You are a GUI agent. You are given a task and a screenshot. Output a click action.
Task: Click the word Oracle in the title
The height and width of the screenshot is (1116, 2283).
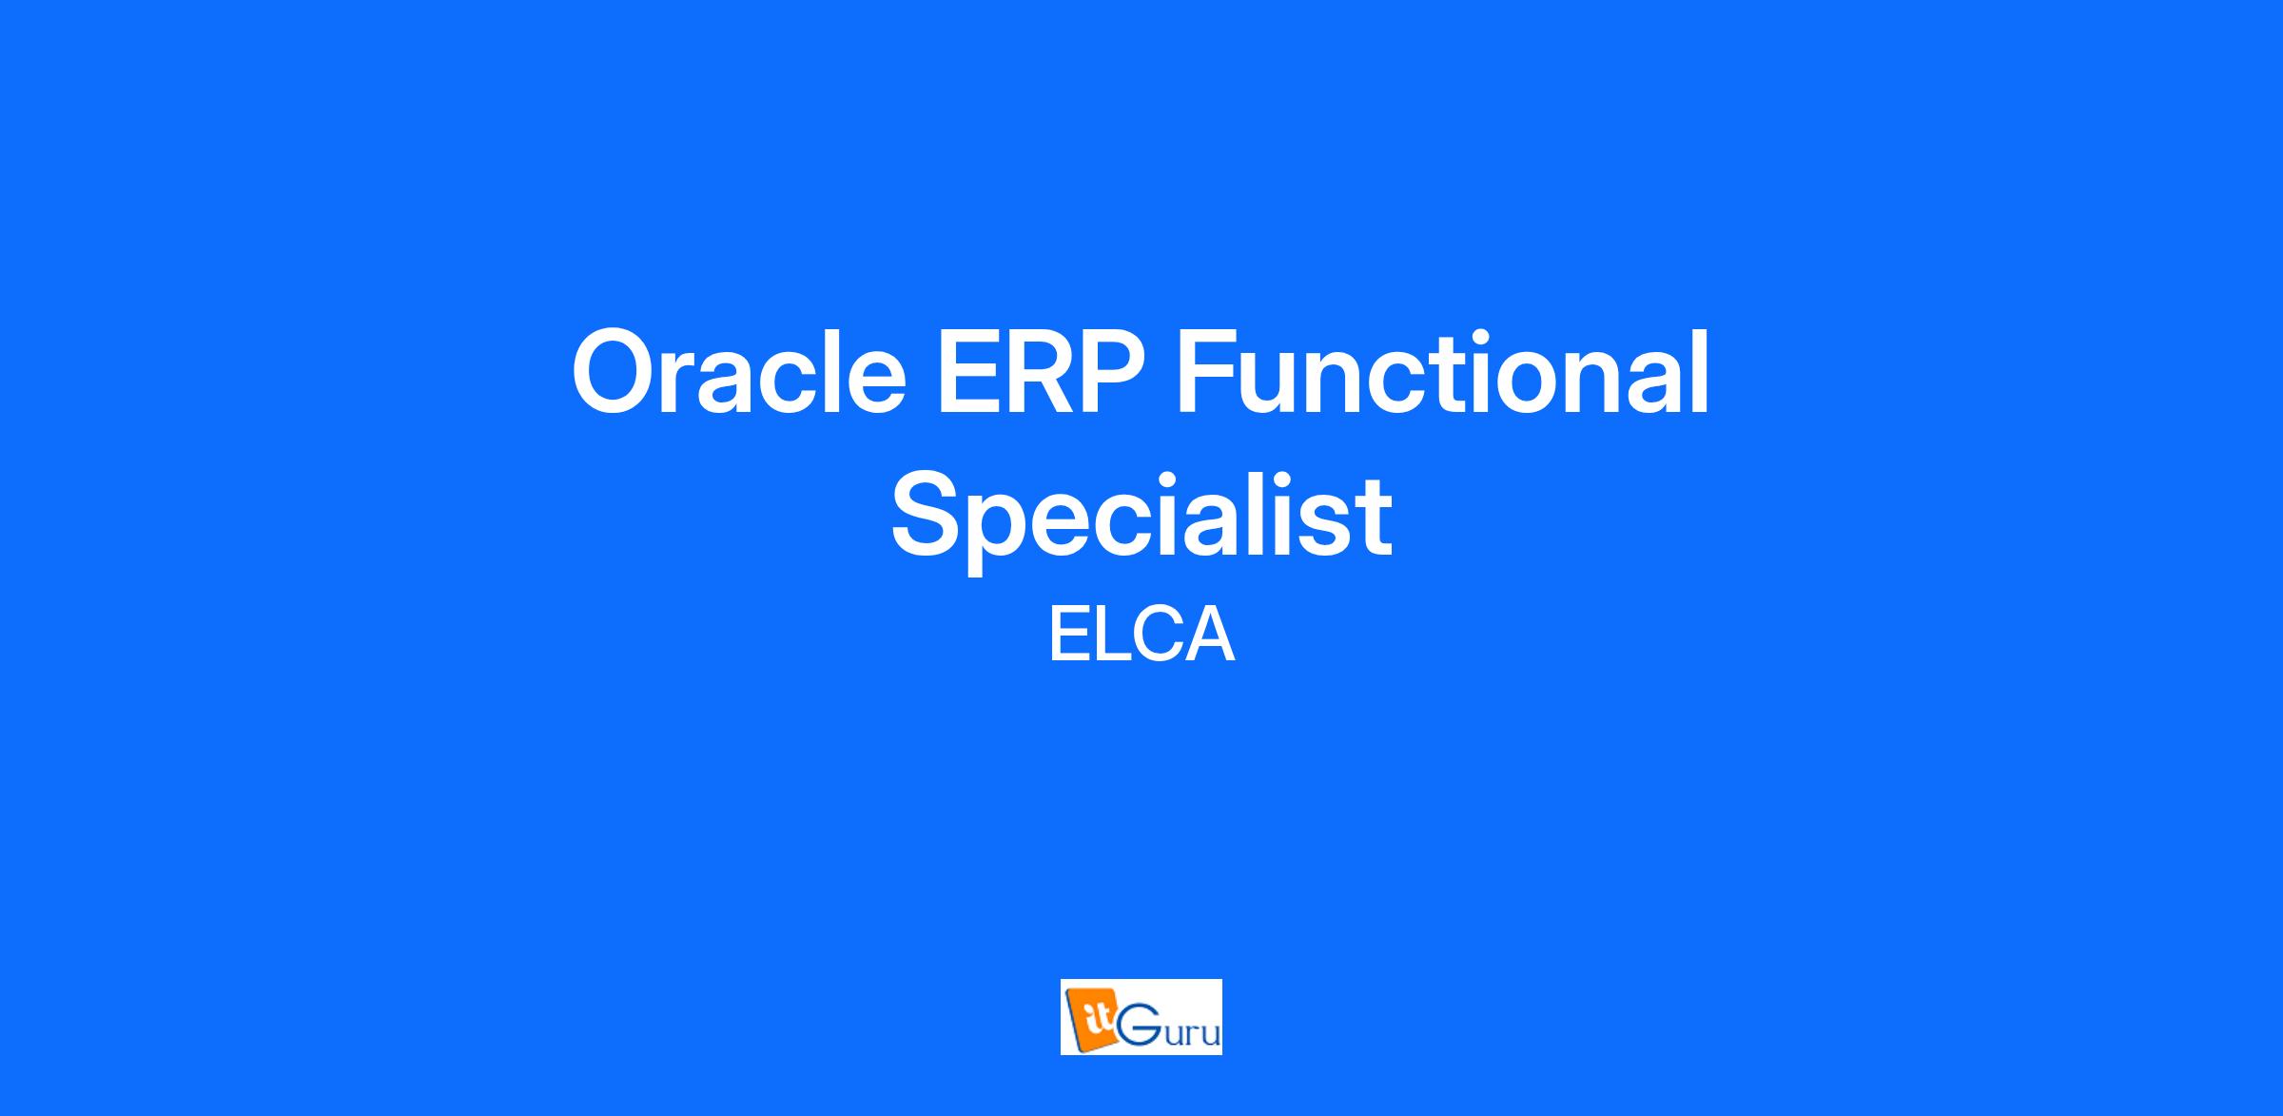click(738, 372)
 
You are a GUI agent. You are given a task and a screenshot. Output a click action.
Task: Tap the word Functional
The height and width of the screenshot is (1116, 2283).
click(1443, 372)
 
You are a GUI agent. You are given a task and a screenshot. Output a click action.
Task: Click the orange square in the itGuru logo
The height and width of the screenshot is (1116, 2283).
click(1091, 1019)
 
